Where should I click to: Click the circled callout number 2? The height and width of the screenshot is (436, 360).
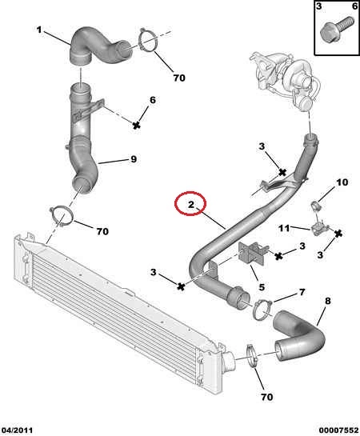[x=191, y=205]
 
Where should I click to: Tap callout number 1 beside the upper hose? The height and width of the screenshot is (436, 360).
[x=39, y=30]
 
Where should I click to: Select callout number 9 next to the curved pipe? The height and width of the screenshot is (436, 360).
[x=134, y=159]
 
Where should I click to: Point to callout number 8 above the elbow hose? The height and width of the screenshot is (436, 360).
[x=328, y=301]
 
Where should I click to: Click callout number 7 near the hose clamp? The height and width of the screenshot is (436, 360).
[x=302, y=292]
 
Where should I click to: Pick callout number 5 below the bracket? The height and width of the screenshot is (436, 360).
[x=262, y=287]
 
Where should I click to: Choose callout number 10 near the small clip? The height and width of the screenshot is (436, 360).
[x=342, y=182]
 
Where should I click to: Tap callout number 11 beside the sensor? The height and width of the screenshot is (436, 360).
[x=284, y=228]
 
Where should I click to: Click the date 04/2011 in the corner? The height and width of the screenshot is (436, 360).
[x=17, y=430]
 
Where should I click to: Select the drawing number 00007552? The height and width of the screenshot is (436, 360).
[x=339, y=430]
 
